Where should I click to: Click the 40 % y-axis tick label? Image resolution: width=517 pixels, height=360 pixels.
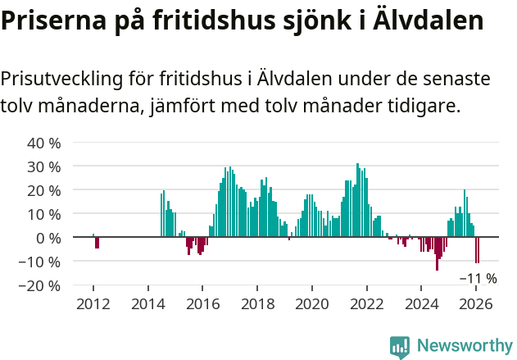point(44,143)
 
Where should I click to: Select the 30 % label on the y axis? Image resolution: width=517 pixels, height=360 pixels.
point(44,166)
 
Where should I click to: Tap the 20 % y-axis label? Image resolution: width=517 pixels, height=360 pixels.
point(44,190)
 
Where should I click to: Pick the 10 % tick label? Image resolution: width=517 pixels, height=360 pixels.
point(44,214)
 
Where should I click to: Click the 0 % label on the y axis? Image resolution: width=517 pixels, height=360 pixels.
point(48,238)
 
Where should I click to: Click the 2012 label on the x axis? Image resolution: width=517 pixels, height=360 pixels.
point(93,303)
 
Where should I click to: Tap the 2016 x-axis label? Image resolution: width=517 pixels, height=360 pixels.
point(202,303)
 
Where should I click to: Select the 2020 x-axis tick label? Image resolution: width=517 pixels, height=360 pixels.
point(312,303)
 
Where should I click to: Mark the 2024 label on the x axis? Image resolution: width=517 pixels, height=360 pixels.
point(421,303)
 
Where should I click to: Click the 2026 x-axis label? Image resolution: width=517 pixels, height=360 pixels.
point(476,303)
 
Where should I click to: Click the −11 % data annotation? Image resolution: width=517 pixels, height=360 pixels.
point(477,279)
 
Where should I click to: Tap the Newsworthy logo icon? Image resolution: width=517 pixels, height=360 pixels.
point(400,346)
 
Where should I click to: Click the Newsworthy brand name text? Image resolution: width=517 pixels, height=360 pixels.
point(464,346)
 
